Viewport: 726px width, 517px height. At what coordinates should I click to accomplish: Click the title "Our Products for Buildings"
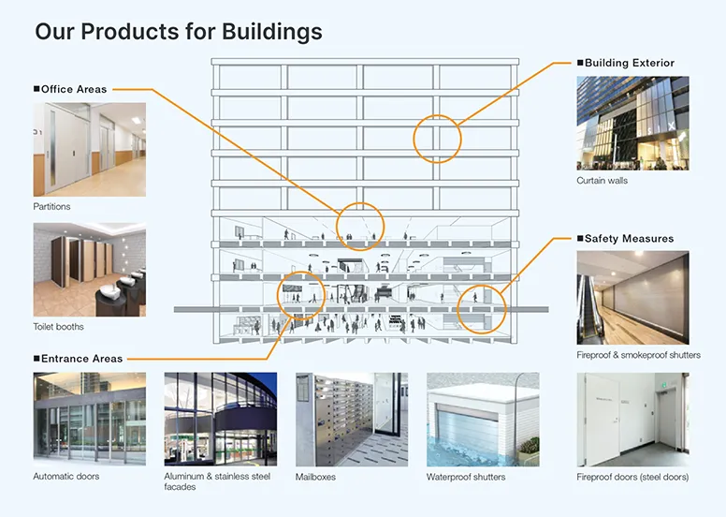coord(179,31)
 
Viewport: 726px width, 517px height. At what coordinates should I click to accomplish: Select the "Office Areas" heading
coord(74,89)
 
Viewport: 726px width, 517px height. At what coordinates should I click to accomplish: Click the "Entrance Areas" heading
coord(81,359)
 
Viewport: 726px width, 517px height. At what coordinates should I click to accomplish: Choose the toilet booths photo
coord(90,269)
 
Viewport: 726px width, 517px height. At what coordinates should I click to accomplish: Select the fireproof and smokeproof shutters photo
coord(632,297)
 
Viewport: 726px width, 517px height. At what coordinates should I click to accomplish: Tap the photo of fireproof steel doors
coord(632,419)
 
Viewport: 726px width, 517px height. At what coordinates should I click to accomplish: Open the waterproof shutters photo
coord(483,419)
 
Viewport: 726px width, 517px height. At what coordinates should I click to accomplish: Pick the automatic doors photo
coord(90,419)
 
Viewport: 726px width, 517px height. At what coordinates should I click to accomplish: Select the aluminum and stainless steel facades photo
coord(221,419)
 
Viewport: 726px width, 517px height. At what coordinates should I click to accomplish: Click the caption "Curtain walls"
coord(602,181)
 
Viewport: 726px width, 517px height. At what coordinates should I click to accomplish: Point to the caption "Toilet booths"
coord(58,327)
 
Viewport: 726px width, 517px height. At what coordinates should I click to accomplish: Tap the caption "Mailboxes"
coord(315,477)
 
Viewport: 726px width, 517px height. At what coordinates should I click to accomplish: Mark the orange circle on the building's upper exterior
coord(438,139)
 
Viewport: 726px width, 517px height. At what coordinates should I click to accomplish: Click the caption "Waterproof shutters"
coord(466,477)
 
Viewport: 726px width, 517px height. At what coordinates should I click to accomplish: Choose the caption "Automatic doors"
coord(66,477)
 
